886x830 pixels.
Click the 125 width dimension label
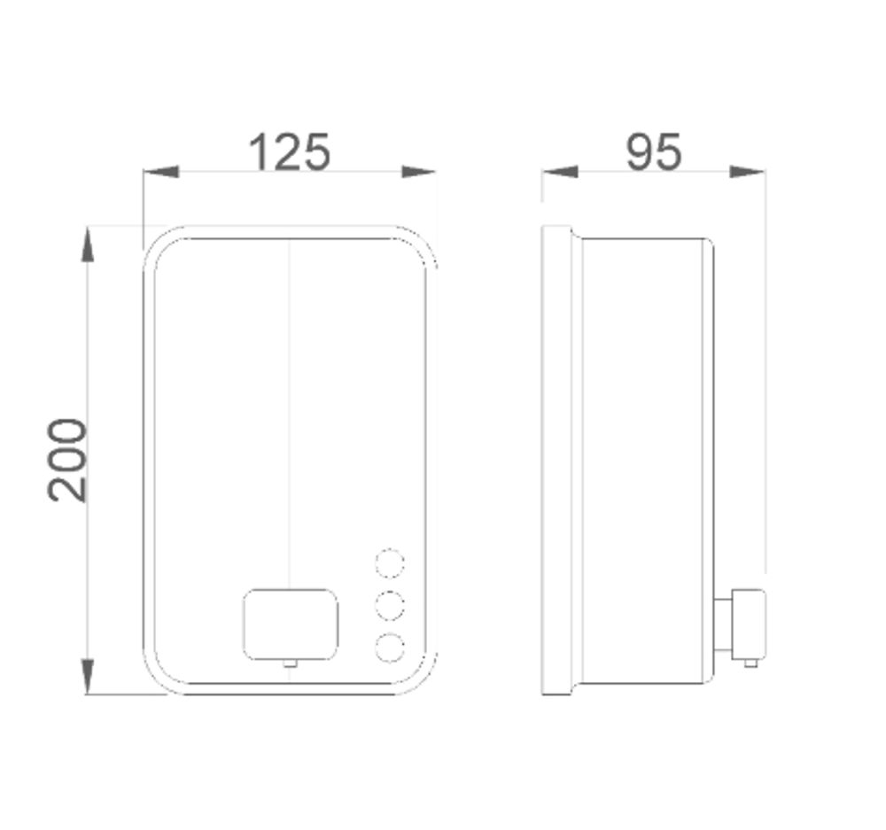(x=290, y=151)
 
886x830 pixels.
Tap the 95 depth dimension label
(x=654, y=151)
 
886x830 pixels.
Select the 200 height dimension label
(x=68, y=461)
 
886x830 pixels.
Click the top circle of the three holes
(x=390, y=563)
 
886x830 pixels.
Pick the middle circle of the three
(x=390, y=606)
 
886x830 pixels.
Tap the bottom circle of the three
(x=390, y=648)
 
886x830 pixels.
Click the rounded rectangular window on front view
(x=291, y=624)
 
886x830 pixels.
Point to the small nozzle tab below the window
(x=289, y=663)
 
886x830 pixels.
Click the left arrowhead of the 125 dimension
(x=159, y=172)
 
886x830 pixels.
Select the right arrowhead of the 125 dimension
(x=419, y=172)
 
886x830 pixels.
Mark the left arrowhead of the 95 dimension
(x=559, y=172)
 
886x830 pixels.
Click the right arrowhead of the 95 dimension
(x=749, y=172)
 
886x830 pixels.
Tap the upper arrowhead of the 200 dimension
(x=88, y=244)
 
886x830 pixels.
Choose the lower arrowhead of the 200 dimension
(x=88, y=678)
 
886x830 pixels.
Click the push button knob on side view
(x=750, y=624)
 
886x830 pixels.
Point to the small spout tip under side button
(x=750, y=663)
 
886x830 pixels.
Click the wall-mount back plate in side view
(x=556, y=461)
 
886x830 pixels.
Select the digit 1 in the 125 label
(x=259, y=151)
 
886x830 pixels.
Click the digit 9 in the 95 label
(x=640, y=151)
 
